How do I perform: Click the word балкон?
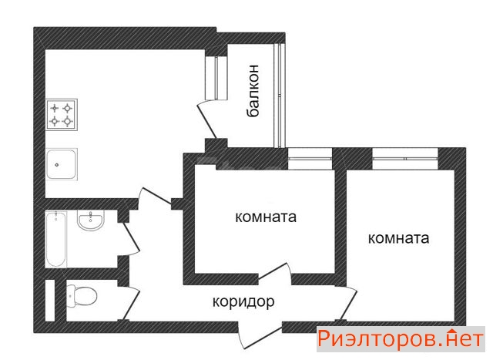(x=253, y=91)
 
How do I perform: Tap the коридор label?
(x=243, y=301)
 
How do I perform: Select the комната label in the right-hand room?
(x=398, y=238)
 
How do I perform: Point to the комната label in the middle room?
(x=266, y=217)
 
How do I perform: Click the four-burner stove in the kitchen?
(x=62, y=115)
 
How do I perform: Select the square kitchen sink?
(x=62, y=164)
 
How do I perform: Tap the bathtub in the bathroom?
(x=56, y=240)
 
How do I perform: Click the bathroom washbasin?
(x=91, y=220)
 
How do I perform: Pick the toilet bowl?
(x=82, y=297)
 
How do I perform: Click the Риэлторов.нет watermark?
(x=401, y=339)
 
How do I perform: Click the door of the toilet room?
(x=131, y=304)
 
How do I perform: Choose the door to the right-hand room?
(x=349, y=304)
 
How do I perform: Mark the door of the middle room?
(x=273, y=271)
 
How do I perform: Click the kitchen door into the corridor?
(x=156, y=196)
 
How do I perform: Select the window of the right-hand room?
(x=405, y=159)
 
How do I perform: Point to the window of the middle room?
(x=310, y=159)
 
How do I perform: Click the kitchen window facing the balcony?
(x=216, y=78)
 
